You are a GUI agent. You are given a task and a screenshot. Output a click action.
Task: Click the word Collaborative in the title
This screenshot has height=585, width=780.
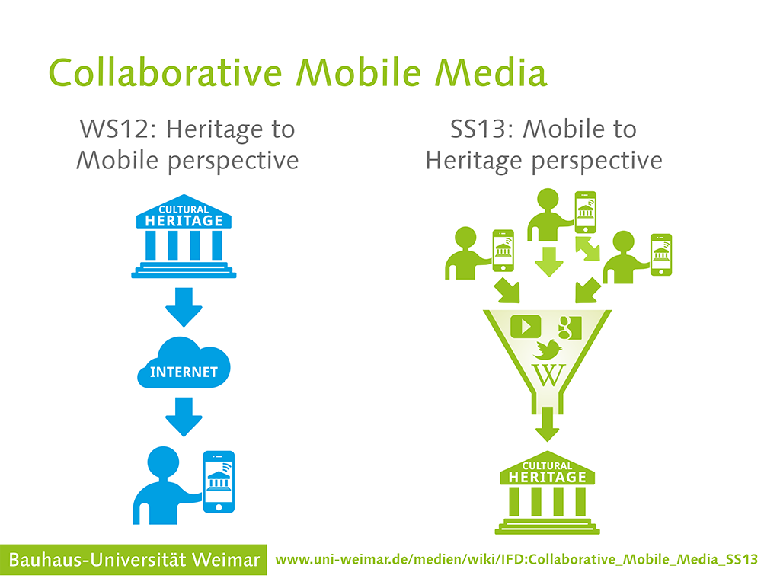pyautogui.click(x=165, y=72)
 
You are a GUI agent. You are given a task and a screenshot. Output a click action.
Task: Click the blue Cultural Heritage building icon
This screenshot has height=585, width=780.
pyautogui.click(x=184, y=236)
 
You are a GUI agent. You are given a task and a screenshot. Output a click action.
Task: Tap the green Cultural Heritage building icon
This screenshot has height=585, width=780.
pyautogui.click(x=547, y=493)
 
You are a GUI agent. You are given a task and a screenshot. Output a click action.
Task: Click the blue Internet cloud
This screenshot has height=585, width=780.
pyautogui.click(x=184, y=363)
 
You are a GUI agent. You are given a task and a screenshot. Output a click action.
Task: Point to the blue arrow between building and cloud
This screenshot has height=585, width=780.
pyautogui.click(x=184, y=307)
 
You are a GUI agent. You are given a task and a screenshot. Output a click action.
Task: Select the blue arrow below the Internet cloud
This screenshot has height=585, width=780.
pyautogui.click(x=184, y=417)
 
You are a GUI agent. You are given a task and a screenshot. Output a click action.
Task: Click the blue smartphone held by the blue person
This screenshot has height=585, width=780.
pyautogui.click(x=219, y=482)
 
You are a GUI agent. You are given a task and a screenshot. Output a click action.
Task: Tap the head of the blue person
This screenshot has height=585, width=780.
pyautogui.click(x=163, y=462)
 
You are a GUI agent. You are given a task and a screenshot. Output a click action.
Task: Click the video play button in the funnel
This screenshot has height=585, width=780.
pyautogui.click(x=526, y=327)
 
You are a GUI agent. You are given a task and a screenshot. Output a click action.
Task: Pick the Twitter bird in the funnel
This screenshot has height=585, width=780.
pyautogui.click(x=547, y=349)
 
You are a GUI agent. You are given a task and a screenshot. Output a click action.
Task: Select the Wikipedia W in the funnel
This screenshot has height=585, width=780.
pyautogui.click(x=548, y=375)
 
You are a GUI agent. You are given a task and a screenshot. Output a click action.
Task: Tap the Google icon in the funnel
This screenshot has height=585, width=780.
pyautogui.click(x=570, y=328)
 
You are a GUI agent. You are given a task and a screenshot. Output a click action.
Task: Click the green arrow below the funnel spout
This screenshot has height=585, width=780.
pyautogui.click(x=547, y=424)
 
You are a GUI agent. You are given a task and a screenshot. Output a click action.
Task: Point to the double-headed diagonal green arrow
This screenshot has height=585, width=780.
pyautogui.click(x=587, y=249)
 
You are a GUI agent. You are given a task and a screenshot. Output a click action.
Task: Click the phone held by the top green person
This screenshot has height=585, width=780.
pyautogui.click(x=586, y=213)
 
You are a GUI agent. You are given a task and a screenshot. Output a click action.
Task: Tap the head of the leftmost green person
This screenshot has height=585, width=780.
pyautogui.click(x=465, y=238)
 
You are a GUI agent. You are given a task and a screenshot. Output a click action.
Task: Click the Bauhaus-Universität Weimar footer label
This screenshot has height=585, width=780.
pyautogui.click(x=134, y=560)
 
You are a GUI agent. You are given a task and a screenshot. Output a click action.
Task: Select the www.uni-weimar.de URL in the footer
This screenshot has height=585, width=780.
pyautogui.click(x=516, y=560)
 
